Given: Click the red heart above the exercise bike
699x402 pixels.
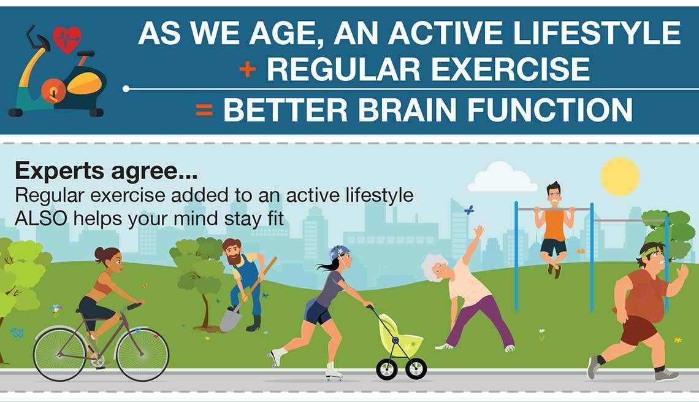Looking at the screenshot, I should [x=67, y=39].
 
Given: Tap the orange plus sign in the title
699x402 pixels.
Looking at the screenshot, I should [x=248, y=69].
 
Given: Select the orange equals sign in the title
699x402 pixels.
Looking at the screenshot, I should [x=204, y=110].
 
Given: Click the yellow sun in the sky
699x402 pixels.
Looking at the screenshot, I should [x=620, y=176].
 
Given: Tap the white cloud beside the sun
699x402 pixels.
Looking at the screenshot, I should [x=502, y=179].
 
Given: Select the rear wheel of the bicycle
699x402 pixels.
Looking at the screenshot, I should [x=60, y=354].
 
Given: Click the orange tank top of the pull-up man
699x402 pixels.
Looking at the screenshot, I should [x=554, y=225].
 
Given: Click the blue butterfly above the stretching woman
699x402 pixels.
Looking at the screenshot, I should [x=469, y=210].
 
